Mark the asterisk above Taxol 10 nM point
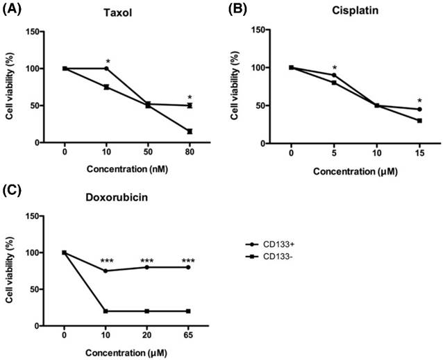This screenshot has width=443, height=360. pos(107,61)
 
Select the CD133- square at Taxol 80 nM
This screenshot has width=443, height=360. pos(189,131)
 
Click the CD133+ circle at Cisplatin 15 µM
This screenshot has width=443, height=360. pos(419,109)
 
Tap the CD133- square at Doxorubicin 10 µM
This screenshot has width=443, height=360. pos(106,311)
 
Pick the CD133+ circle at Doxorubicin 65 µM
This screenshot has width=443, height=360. pos(189,267)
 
